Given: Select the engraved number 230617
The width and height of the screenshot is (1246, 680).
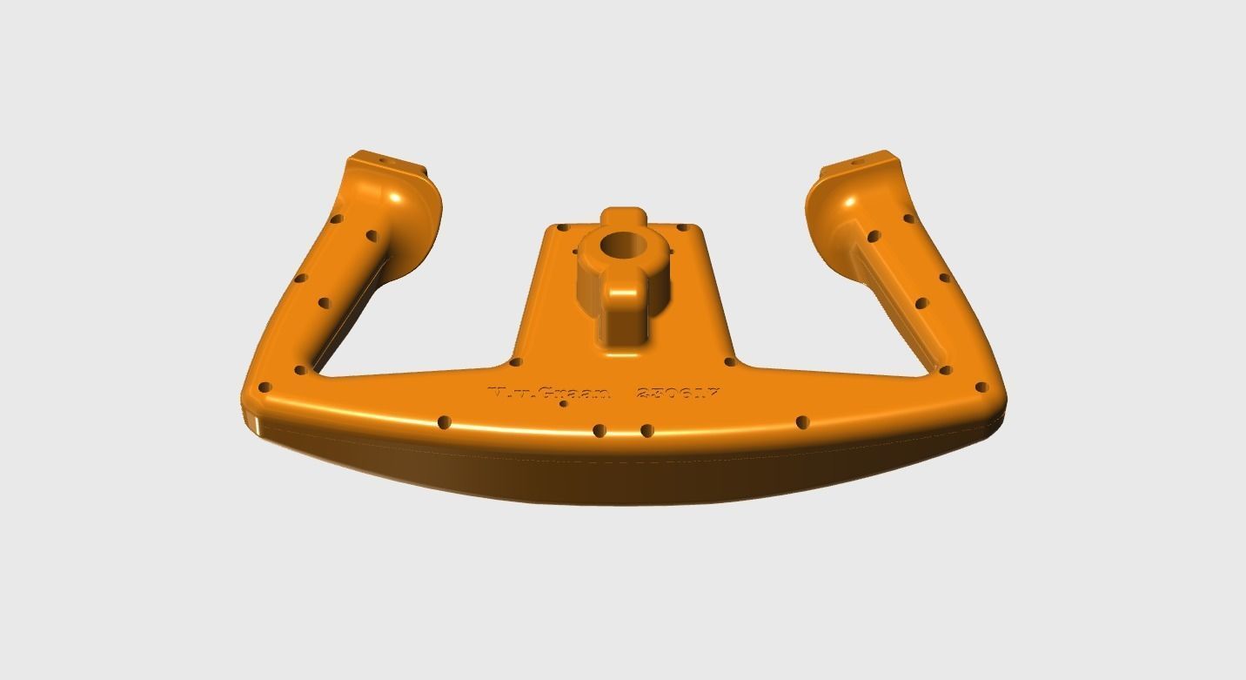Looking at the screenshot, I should click(679, 394).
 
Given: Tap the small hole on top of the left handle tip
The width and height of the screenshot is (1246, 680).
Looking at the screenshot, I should click(379, 161).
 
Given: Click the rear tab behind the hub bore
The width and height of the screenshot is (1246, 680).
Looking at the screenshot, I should click(624, 214).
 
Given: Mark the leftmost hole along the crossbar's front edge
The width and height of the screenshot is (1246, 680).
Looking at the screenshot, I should click(445, 421).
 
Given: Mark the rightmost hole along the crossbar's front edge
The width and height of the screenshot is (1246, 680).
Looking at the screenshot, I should click(803, 423).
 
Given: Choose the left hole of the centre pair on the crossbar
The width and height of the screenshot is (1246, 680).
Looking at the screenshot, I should click(599, 430).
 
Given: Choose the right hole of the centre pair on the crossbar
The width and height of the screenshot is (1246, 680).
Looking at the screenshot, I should click(646, 430).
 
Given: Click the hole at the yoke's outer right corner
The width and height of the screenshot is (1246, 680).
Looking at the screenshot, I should click(981, 387).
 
